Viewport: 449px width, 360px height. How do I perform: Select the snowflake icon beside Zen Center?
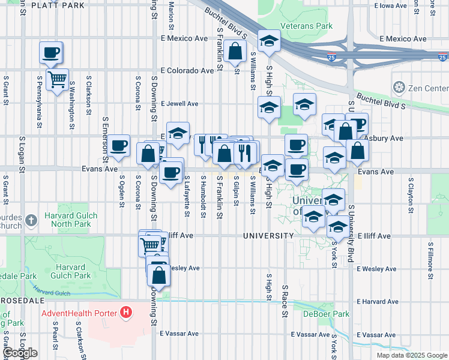point(398,88)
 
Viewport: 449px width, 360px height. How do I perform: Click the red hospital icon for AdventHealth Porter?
point(125,312)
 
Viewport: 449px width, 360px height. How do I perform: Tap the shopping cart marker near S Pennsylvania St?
point(57,79)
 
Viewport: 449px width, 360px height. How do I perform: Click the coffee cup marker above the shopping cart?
point(51,52)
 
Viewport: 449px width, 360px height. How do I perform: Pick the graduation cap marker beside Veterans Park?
point(269,41)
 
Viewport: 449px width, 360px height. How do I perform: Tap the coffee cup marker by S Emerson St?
point(119,145)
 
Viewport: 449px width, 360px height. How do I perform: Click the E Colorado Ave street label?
point(187,71)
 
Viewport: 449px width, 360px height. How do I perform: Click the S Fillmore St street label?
point(430,261)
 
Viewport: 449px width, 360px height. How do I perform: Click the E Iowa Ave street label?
point(394,5)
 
